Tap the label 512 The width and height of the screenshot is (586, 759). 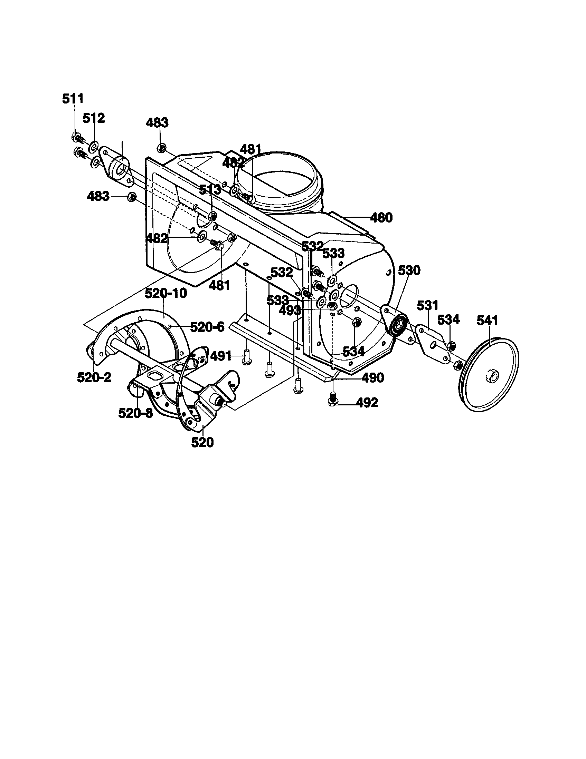coord(94,118)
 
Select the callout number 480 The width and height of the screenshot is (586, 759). coord(381,218)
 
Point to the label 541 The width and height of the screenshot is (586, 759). coord(487,321)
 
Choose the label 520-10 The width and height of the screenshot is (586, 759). coord(166,293)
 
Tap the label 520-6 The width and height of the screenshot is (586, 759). coord(207,327)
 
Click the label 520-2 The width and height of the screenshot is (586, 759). coord(94,377)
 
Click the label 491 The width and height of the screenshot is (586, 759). coord(221,356)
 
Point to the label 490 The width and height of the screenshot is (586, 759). coord(372,377)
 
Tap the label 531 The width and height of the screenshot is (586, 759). coord(428,306)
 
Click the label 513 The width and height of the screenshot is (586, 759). coord(210,190)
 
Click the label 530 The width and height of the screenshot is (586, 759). coord(409,270)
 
